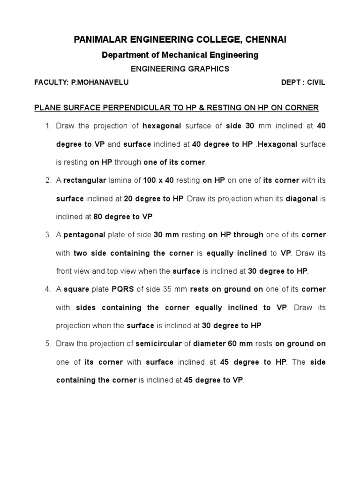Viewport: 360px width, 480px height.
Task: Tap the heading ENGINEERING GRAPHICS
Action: pos(180,68)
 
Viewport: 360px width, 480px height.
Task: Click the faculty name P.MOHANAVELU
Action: pos(100,82)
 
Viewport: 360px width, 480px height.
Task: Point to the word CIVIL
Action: pos(315,82)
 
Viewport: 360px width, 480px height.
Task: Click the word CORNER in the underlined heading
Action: pos(303,108)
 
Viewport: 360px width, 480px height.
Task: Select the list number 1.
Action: pos(48,126)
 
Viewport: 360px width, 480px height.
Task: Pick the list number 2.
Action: pos(48,180)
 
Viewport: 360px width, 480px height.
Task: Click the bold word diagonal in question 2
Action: pos(302,198)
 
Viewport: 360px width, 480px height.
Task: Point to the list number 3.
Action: pos(48,235)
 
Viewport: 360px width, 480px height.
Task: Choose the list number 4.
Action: pos(48,289)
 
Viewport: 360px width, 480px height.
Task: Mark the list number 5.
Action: pos(48,344)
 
